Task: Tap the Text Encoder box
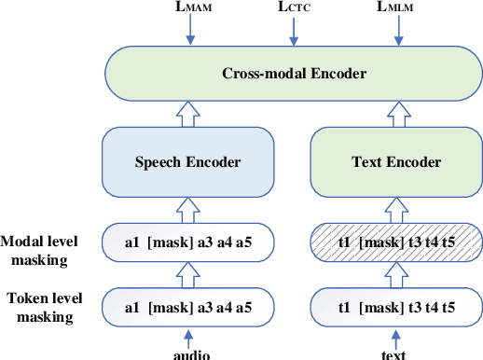click(397, 161)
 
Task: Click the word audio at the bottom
click(190, 353)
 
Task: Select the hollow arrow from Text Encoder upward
click(397, 115)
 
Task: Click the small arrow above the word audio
click(190, 335)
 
